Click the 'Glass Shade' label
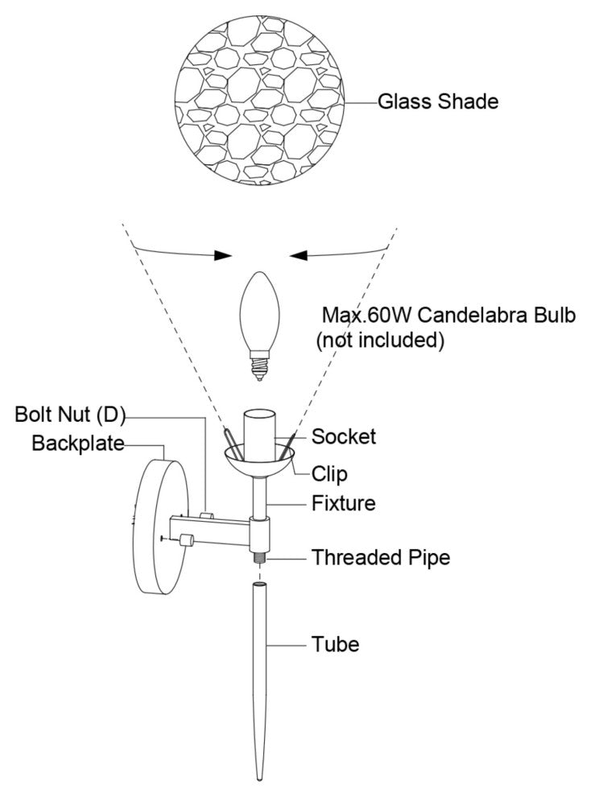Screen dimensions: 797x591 438,102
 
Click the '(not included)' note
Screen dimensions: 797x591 380,340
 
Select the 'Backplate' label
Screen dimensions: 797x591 78,444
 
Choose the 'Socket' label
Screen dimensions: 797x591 344,437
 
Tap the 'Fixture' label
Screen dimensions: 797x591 344,505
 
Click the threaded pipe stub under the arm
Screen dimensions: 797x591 259,555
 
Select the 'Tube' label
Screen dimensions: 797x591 336,645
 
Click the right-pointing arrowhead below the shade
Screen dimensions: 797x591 222,255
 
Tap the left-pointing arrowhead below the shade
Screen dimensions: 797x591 300,255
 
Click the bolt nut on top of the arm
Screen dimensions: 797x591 205,514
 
